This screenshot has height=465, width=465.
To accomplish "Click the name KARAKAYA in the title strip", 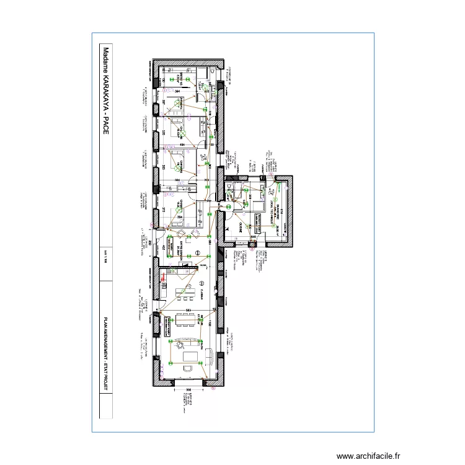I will point(105,92).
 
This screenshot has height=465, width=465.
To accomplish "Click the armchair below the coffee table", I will point(187,368).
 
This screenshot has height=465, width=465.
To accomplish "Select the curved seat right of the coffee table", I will point(213,355).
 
